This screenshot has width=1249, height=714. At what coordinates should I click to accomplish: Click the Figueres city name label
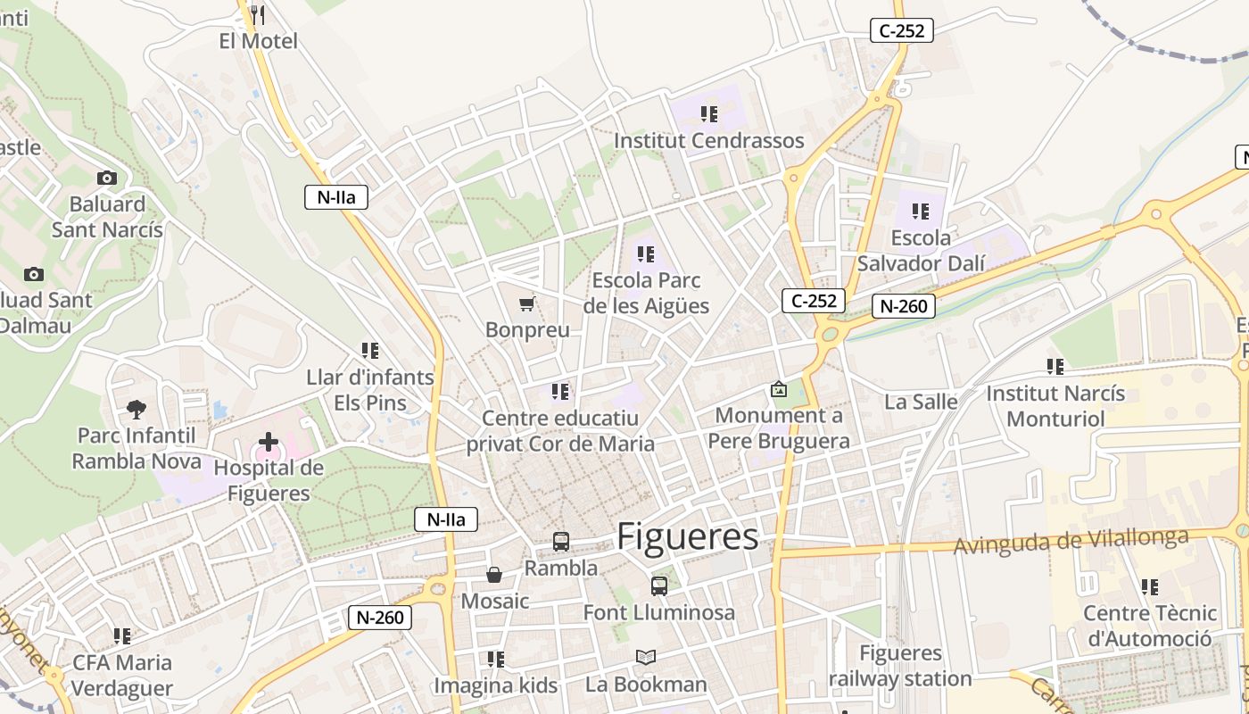pos(688,536)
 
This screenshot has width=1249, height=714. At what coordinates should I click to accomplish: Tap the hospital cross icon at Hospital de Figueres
pos(268,442)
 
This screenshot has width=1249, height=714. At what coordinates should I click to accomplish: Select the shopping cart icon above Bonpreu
pos(527,304)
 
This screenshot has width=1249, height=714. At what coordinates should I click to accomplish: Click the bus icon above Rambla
pos(561,541)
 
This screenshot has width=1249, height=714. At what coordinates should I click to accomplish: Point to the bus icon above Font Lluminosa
pos(659,586)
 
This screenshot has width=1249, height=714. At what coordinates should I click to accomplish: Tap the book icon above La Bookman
pos(646,658)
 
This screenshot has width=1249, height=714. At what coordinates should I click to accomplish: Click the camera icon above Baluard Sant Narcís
pos(107,178)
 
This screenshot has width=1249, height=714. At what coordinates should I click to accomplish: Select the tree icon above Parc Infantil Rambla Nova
pos(136,410)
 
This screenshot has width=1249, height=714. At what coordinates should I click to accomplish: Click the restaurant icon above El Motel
pos(258,14)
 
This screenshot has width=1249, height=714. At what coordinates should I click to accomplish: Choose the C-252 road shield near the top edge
pos(902,30)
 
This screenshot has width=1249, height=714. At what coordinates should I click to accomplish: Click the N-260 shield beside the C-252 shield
pos(904,306)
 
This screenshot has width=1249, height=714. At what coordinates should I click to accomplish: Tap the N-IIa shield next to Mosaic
pos(446,519)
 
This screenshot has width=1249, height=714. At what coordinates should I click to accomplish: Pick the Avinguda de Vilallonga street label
pos(1071,541)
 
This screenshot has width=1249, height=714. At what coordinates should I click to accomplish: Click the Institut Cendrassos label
pos(709,141)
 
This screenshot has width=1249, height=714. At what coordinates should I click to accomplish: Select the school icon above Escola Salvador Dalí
pos(921,212)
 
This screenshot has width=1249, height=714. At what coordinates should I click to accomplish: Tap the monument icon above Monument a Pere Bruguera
pos(779,389)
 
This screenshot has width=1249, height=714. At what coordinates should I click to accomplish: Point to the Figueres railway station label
pos(900,666)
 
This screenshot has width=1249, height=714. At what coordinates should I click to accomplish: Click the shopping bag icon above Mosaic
pos(494,575)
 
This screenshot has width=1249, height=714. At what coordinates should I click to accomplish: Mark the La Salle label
pos(921,402)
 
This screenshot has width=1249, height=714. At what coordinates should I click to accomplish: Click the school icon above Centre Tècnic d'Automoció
pos(1150,586)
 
